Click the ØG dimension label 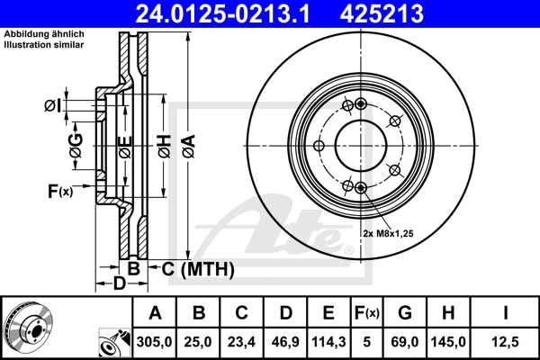pos(76,145)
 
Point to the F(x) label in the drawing pos(59,190)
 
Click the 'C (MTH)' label pos(198,268)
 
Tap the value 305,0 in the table pos(155,342)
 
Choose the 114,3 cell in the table pos(328,342)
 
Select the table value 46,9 pos(285,342)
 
